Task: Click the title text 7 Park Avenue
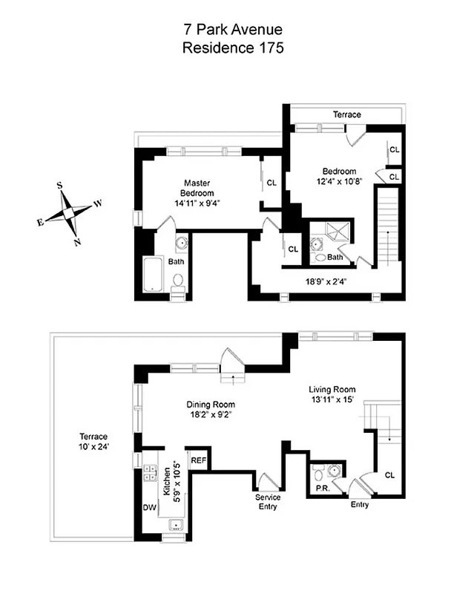(x=223, y=30)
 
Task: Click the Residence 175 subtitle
(x=223, y=48)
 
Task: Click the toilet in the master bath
(x=178, y=281)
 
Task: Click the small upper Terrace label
(x=346, y=115)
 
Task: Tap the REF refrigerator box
(x=198, y=460)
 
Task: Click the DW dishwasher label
(x=148, y=507)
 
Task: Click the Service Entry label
(x=267, y=502)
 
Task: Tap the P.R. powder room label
(x=321, y=490)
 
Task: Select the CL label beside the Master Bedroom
(x=271, y=183)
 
